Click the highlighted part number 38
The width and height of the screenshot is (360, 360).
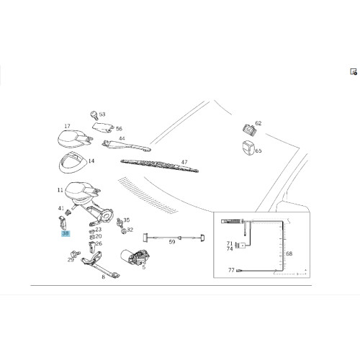click(x=66, y=233)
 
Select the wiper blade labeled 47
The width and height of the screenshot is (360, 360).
click(x=159, y=166)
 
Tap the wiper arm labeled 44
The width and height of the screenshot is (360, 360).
click(x=126, y=145)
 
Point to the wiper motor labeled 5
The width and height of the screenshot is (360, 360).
click(x=135, y=257)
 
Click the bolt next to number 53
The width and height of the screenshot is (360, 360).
click(x=94, y=115)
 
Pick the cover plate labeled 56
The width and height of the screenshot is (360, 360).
click(x=103, y=128)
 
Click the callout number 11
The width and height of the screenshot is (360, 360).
click(x=60, y=190)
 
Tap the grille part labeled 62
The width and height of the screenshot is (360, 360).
click(x=249, y=130)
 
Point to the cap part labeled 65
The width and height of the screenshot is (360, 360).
click(x=248, y=148)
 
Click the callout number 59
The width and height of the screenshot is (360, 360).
click(x=172, y=242)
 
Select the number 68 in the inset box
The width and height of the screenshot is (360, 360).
click(x=289, y=253)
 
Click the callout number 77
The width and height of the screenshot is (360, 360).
click(x=231, y=270)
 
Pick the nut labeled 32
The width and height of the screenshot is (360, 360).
click(x=124, y=232)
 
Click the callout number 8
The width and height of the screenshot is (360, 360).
click(x=103, y=276)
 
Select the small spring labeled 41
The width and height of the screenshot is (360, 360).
click(x=68, y=212)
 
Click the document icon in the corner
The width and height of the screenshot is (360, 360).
click(x=354, y=72)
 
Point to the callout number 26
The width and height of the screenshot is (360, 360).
click(x=99, y=243)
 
